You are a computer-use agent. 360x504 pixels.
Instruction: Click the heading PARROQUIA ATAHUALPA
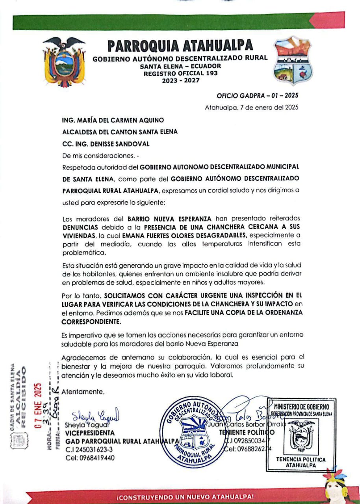(180, 46)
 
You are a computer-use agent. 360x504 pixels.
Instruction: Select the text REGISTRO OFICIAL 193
(180, 73)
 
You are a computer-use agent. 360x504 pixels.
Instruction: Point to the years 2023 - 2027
(180, 80)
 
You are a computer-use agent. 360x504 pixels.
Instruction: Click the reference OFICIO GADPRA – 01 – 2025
(258, 96)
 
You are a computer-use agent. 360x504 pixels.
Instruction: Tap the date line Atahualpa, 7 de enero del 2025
(251, 107)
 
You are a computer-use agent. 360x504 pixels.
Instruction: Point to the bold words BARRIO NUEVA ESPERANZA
(170, 218)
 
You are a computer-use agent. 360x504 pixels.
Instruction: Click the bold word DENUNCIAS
(80, 227)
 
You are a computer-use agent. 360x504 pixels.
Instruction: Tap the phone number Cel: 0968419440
(90, 458)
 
